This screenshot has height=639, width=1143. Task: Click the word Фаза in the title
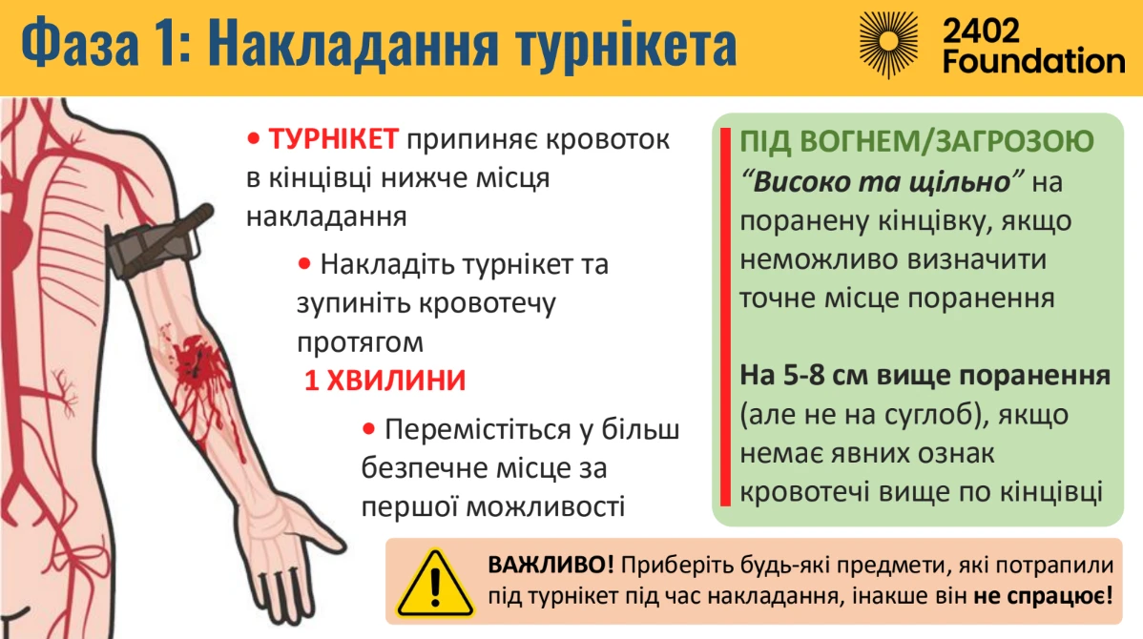80,43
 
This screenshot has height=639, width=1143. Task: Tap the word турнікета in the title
626,45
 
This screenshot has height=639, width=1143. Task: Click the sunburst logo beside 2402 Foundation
888,44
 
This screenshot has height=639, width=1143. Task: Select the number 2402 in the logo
981,31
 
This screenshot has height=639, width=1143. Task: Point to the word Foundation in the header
1033,61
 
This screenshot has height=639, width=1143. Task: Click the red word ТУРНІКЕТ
333,138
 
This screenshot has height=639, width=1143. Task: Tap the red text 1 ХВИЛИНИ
384,381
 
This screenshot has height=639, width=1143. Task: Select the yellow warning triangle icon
434,583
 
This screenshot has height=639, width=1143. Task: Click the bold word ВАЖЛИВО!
551,565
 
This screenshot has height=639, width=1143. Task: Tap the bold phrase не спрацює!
1043,596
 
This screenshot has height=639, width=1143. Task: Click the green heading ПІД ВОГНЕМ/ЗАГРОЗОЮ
917,141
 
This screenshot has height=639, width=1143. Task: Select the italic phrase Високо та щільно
882,181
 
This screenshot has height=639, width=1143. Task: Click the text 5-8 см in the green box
822,375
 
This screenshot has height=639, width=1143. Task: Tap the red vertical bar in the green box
725,317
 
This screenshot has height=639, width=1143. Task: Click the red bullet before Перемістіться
369,429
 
